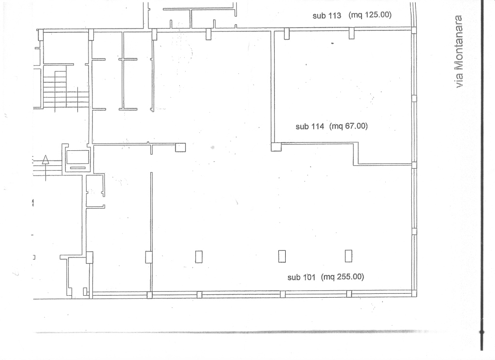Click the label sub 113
click(327, 15)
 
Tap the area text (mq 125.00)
click(370, 15)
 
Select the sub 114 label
click(310, 127)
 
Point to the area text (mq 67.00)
click(349, 126)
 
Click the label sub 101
click(302, 277)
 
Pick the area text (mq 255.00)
click(343, 277)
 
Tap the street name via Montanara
click(458, 51)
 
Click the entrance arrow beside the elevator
click(46, 168)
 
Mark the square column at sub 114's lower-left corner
click(276, 147)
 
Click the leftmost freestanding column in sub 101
click(199, 257)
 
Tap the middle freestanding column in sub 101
click(282, 256)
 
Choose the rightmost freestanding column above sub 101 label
click(349, 256)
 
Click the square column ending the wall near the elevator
click(180, 147)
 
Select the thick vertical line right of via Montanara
click(482, 175)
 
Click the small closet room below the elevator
click(94, 190)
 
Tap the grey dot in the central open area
click(213, 147)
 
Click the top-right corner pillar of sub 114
click(414, 30)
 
